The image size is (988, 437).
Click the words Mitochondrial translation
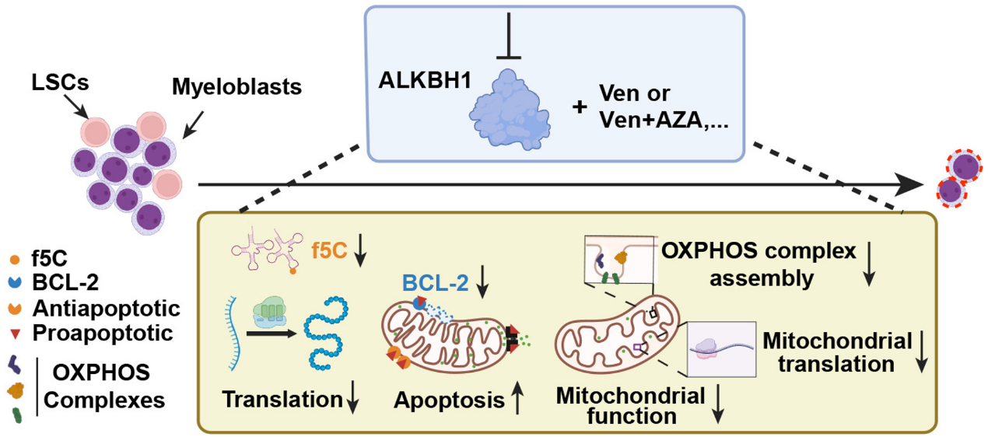(x=837, y=352)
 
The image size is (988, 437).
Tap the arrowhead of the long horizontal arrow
(x=907, y=185)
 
